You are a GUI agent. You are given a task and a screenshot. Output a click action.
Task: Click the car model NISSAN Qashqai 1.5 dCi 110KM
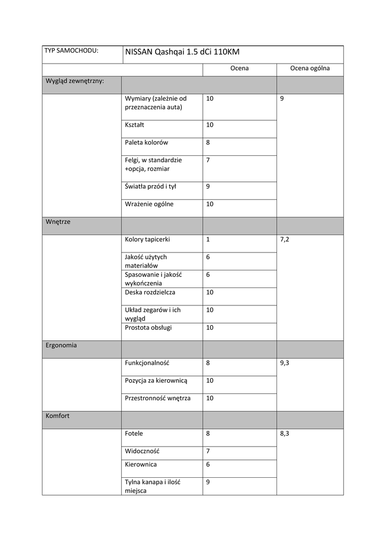(x=182, y=52)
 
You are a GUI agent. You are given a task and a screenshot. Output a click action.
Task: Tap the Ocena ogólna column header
(x=310, y=68)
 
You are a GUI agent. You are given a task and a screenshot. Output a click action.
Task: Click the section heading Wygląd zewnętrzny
(x=74, y=81)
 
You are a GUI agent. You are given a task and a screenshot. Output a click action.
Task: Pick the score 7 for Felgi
(x=208, y=160)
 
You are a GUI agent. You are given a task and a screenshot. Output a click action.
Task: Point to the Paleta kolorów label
(x=147, y=142)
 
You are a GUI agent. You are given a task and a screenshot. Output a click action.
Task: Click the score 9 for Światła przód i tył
(x=208, y=186)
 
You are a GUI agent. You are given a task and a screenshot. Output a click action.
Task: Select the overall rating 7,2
(x=284, y=240)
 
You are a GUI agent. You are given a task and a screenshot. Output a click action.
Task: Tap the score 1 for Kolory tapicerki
(x=208, y=239)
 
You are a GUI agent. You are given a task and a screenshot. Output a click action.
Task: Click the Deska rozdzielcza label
(x=150, y=292)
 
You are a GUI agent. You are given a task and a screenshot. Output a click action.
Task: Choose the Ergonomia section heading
(x=61, y=345)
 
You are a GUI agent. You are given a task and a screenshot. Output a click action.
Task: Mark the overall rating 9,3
(x=284, y=363)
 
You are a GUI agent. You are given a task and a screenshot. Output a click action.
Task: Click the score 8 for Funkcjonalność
(x=208, y=363)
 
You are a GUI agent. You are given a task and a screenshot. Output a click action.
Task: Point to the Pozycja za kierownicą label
(x=156, y=381)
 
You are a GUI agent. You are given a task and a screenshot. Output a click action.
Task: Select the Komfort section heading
(x=57, y=416)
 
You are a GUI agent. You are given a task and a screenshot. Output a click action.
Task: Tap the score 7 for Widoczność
(x=208, y=451)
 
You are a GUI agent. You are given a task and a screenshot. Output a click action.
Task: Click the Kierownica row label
(x=141, y=465)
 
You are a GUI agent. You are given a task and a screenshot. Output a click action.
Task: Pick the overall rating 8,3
(x=284, y=434)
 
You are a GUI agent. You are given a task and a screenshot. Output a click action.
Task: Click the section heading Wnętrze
(x=58, y=222)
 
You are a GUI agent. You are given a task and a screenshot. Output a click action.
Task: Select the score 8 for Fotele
(x=208, y=434)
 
